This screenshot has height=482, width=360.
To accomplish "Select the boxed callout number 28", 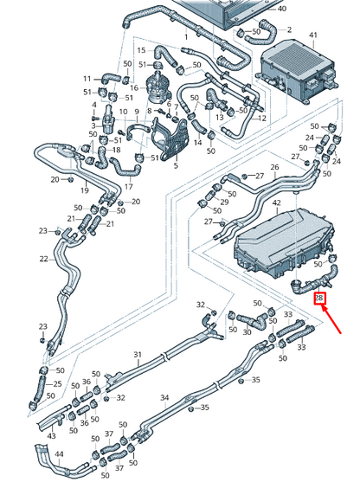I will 318,299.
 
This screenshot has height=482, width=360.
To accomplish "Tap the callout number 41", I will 314,35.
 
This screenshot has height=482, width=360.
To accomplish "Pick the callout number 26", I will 275,167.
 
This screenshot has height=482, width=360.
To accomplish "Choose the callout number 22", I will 43,259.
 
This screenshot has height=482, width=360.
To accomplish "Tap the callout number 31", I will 137,356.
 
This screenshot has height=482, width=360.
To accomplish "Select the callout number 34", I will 164,398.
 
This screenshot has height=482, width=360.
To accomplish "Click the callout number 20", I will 55,179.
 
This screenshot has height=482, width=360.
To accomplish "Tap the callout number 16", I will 134,88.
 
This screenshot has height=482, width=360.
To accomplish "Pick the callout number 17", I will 128,186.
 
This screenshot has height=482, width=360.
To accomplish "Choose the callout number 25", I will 58,384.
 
